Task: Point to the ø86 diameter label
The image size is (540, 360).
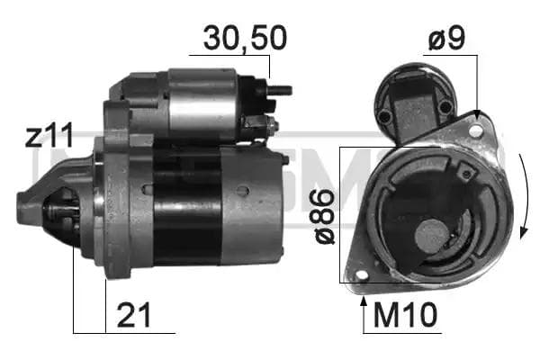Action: pos(324,216)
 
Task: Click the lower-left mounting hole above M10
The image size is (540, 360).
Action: pos(362,275)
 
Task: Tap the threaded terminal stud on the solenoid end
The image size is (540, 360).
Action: pos(281,90)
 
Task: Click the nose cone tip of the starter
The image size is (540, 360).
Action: pos(25,212)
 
